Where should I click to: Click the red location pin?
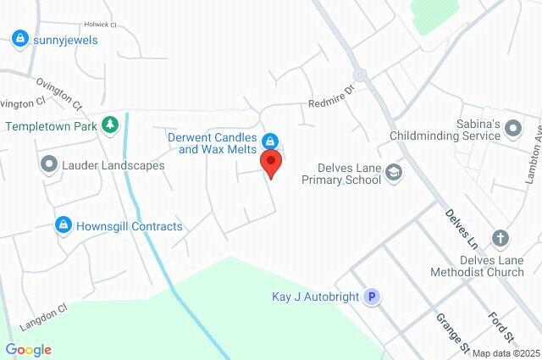(271, 163)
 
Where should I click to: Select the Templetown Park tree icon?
(109, 125)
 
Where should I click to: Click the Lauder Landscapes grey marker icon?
(49, 164)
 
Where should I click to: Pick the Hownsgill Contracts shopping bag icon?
(63, 225)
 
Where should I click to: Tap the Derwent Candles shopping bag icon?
(270, 140)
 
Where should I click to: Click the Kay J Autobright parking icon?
(371, 297)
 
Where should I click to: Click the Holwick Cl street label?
(100, 25)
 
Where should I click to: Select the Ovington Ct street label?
(59, 93)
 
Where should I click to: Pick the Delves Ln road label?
(462, 224)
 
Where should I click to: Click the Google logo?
(28, 350)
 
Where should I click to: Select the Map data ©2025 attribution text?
(506, 353)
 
